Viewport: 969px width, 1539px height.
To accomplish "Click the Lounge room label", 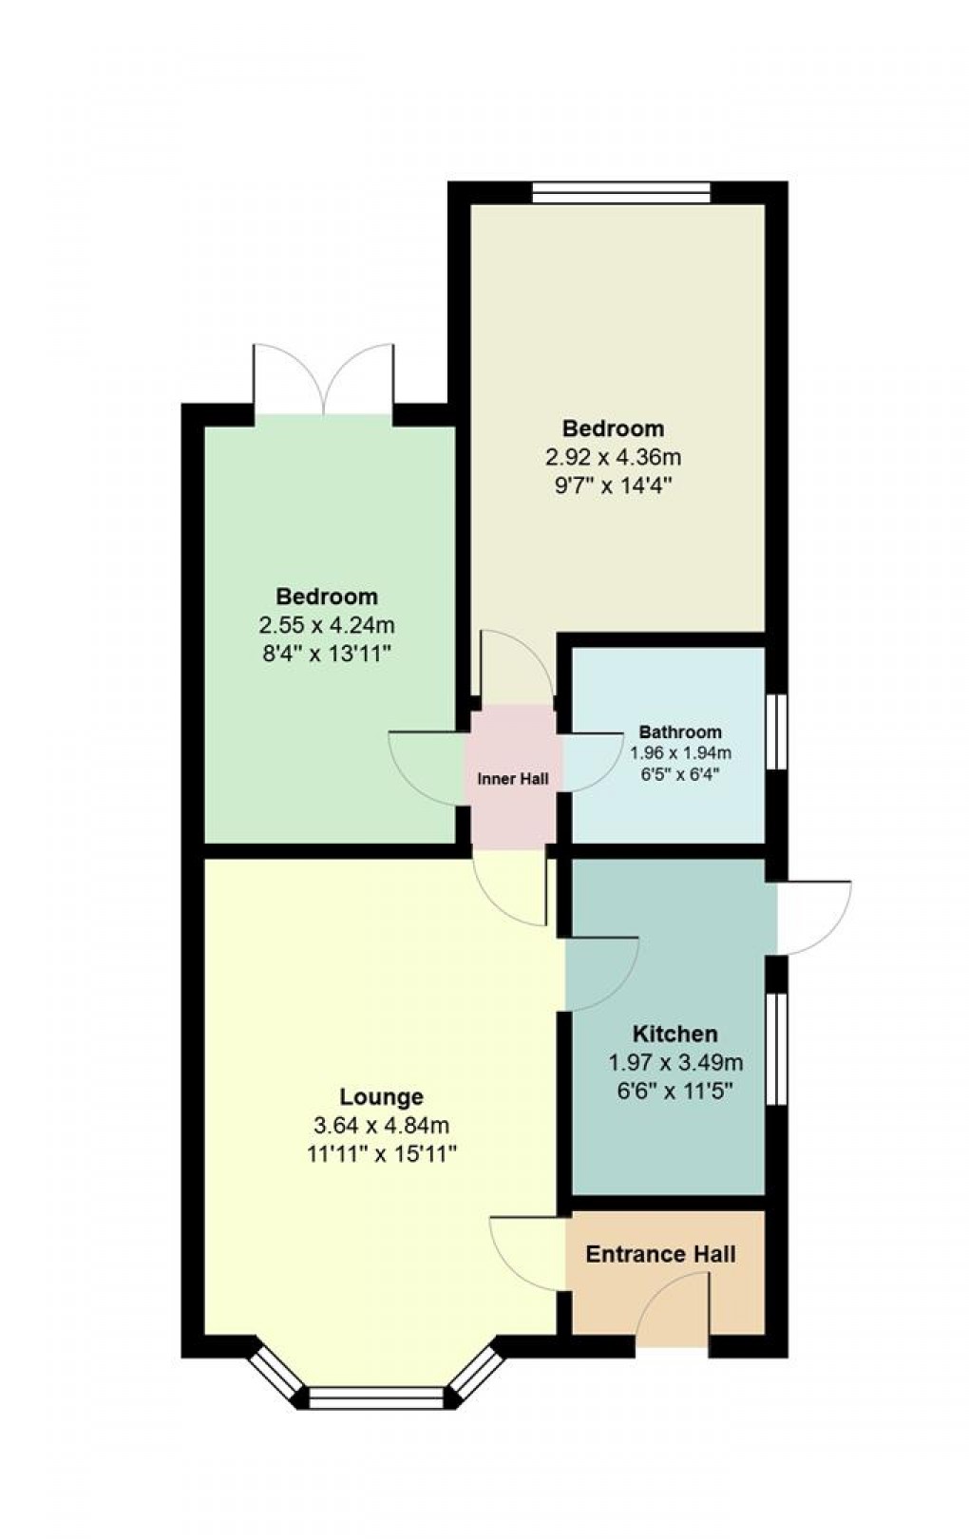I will pyautogui.click(x=381, y=1097).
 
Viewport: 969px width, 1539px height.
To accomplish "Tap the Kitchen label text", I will pyautogui.click(x=675, y=1034).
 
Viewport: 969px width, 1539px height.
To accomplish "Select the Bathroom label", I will pyautogui.click(x=679, y=732).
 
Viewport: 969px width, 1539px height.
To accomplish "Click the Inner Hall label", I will pyautogui.click(x=513, y=779).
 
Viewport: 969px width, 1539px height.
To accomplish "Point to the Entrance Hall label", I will pyautogui.click(x=660, y=1254).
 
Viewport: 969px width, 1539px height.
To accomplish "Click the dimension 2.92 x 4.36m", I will pyautogui.click(x=613, y=457).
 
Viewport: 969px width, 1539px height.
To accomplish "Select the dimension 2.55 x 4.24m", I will pyautogui.click(x=327, y=625).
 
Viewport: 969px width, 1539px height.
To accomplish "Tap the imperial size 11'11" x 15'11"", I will pyautogui.click(x=381, y=1154).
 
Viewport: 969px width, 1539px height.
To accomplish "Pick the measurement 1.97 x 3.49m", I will pyautogui.click(x=675, y=1062).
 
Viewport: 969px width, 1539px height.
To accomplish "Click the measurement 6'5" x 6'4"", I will pyautogui.click(x=679, y=773).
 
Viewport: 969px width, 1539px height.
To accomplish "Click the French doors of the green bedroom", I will pyautogui.click(x=324, y=380).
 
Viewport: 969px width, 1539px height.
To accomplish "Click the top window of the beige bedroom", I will pyautogui.click(x=621, y=193).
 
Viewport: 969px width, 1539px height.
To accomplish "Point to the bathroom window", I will pyautogui.click(x=777, y=731).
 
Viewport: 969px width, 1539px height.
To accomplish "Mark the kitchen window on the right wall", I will pyautogui.click(x=777, y=1050).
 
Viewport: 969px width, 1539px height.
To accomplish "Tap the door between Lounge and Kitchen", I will pyautogui.click(x=600, y=974).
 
